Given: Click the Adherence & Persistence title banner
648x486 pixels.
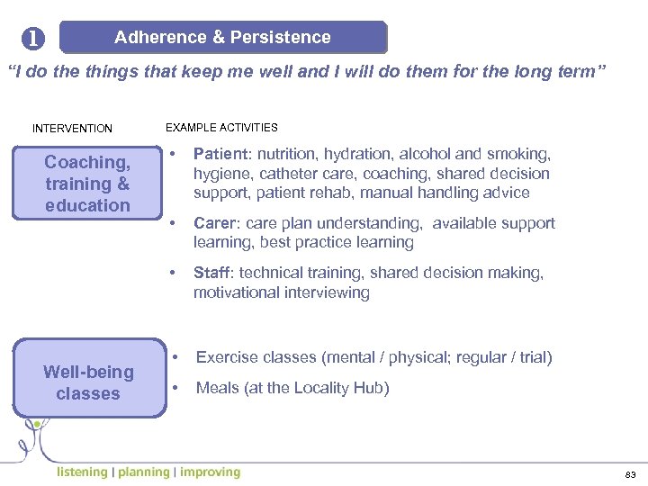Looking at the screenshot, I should coord(222,38).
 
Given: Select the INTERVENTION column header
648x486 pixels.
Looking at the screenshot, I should coord(72,129).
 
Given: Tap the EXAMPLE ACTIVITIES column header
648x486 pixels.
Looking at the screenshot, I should coord(221,128).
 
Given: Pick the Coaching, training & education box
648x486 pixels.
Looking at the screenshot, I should coord(87,184).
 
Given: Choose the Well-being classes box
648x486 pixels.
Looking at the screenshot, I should coord(87,382).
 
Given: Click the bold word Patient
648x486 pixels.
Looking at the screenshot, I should coord(220,154).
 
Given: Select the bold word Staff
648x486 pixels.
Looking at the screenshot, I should coord(212,273).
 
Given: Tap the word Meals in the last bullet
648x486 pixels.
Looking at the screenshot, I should coord(217,388).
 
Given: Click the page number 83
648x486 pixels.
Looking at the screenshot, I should coord(629,473).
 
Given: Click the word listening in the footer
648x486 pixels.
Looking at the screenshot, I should coord(81,472).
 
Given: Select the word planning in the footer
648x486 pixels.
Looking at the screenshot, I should coord(143,472).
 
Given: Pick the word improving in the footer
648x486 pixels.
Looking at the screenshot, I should coord(210,472).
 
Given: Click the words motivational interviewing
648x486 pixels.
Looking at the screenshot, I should coord(281,292).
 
